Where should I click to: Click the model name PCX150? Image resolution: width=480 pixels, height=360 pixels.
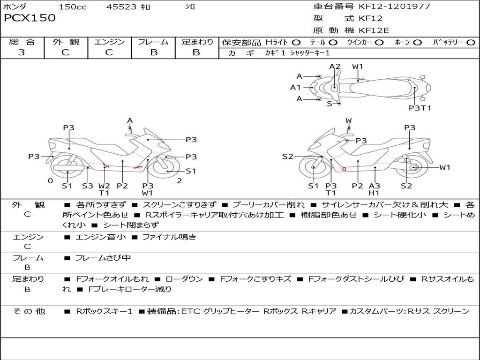tap(30, 18)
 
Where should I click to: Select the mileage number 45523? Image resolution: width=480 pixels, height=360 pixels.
tap(121, 7)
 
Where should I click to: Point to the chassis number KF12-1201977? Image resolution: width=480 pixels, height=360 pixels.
tap(394, 7)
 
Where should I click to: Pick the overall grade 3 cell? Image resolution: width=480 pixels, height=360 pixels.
tap(22, 52)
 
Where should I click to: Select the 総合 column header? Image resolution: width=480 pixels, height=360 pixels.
tap(22, 42)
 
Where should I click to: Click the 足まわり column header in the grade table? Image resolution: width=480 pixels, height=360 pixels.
tap(197, 42)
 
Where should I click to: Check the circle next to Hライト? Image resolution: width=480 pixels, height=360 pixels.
tap(296, 42)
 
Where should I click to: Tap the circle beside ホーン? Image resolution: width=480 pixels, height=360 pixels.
tap(417, 42)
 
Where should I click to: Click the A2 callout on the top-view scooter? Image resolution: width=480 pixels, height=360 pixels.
tap(335, 67)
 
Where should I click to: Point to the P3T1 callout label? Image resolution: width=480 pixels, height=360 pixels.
tap(420, 108)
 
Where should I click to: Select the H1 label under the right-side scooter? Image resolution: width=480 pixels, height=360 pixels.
tap(374, 193)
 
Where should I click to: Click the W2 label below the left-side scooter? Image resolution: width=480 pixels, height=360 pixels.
tap(104, 186)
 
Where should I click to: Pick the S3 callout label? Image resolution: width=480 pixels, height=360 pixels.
tap(88, 186)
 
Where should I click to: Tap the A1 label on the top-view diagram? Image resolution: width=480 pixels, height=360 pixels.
tap(295, 87)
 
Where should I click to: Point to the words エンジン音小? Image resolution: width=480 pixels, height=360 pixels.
tap(100, 237)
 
